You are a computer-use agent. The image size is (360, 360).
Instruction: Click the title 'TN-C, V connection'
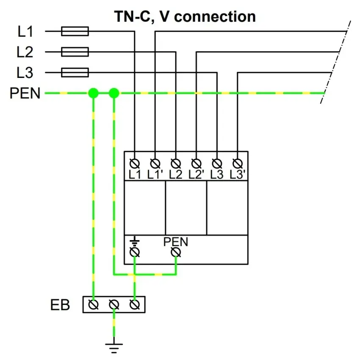click(x=185, y=17)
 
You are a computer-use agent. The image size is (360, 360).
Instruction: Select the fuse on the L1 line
click(x=75, y=31)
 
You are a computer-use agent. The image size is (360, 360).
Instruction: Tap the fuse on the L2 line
click(x=75, y=52)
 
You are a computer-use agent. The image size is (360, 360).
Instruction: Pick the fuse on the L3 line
click(x=75, y=72)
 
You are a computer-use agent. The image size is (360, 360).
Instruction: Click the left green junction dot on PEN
click(x=93, y=93)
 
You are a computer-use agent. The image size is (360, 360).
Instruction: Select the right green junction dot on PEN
click(x=114, y=93)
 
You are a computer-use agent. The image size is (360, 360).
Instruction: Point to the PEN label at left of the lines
click(x=25, y=93)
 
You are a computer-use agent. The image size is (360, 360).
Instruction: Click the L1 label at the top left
click(x=25, y=31)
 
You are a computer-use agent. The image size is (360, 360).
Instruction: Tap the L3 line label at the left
click(x=25, y=73)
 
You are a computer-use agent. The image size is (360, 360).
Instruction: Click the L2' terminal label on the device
click(x=197, y=174)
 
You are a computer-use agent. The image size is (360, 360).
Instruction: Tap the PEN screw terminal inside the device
click(x=176, y=252)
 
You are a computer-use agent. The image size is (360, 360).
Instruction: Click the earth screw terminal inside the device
click(x=135, y=252)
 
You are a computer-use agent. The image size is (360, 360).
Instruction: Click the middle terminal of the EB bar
click(x=114, y=304)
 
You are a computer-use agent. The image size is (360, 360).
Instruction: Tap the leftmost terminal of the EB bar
click(x=94, y=304)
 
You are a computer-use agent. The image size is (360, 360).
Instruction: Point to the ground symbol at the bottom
click(x=114, y=346)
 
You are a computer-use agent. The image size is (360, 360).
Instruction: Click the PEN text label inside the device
click(x=176, y=242)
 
